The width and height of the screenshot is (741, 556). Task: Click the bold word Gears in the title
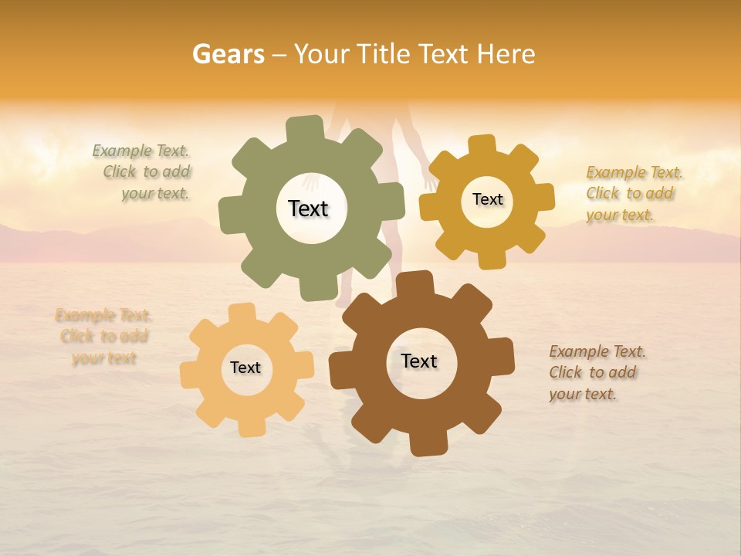click(228, 54)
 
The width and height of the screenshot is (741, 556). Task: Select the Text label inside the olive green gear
click(308, 208)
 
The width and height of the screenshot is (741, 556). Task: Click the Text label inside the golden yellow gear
click(487, 199)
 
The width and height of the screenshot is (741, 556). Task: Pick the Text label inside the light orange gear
click(245, 368)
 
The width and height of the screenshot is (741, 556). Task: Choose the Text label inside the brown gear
click(419, 361)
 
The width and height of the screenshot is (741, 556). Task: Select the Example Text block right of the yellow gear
click(633, 194)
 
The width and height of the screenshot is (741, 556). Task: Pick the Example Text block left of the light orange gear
click(103, 337)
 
